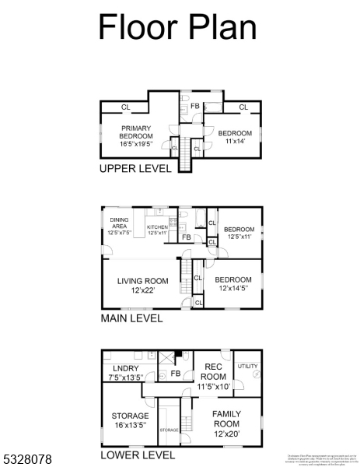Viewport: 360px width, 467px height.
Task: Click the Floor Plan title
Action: click(177, 26)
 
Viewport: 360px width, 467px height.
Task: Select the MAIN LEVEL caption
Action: click(132, 318)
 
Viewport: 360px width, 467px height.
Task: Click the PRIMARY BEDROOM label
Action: click(136, 134)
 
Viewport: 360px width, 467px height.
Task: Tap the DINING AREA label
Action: click(119, 226)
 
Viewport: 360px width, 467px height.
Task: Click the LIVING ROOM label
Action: click(142, 285)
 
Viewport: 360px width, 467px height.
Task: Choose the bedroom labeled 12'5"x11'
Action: click(239, 233)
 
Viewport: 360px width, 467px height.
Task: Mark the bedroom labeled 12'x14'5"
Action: click(233, 284)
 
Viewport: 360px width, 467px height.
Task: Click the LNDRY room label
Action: click(126, 373)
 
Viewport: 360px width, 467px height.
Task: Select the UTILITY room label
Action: click(247, 365)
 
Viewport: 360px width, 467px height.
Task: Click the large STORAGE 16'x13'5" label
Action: click(129, 420)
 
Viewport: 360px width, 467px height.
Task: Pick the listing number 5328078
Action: click(27, 460)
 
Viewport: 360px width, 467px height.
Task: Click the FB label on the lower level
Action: click(176, 374)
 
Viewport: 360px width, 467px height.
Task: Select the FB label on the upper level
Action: click(195, 106)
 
